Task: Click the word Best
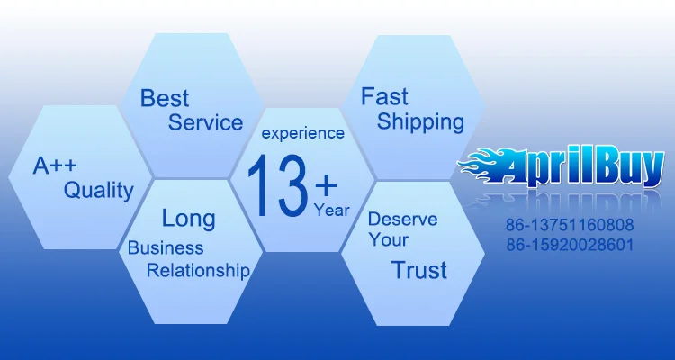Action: [x=165, y=98]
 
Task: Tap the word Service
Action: [x=205, y=122]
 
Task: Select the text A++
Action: [x=55, y=166]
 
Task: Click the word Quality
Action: [x=99, y=190]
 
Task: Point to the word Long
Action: [x=189, y=219]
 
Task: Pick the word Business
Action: [x=166, y=248]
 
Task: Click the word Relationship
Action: [x=198, y=271]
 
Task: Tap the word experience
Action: [x=303, y=133]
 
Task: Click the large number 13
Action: [x=278, y=185]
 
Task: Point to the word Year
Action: [x=331, y=211]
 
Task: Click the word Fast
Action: [x=384, y=96]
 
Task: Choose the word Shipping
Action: [x=420, y=122]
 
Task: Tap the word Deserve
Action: [x=402, y=220]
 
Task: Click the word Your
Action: [x=388, y=240]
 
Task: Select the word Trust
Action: [x=419, y=270]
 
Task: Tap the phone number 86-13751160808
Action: [x=570, y=225]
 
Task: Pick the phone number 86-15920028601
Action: [x=570, y=245]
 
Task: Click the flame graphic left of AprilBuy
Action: [x=484, y=163]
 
